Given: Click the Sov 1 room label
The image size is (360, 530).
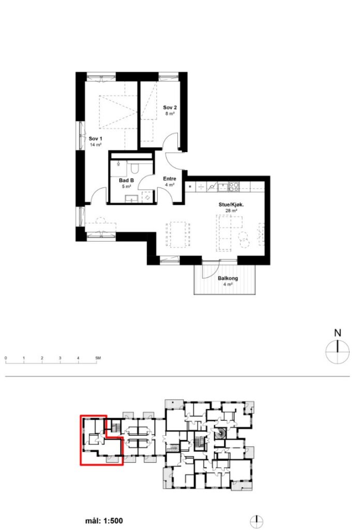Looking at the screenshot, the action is coord(95,139).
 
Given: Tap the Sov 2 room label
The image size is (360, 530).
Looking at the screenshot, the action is coord(170,108).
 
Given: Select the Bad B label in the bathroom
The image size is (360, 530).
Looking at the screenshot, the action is coord(126,181).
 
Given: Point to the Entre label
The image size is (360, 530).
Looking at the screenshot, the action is coord(170,179).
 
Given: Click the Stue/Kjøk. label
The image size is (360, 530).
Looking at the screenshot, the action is coord(231,204).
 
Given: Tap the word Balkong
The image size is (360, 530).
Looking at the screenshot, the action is coord(228,278).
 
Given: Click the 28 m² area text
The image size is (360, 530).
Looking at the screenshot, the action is coord(231,211).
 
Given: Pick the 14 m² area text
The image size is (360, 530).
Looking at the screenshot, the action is coord(96,145).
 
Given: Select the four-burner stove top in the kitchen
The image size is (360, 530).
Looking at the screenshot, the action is coord(234,186).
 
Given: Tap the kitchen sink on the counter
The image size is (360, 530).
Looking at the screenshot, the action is coord(223,186).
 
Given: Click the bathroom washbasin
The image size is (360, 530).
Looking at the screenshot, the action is coord(130,199).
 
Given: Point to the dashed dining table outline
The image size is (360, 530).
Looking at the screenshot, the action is coord(177,234).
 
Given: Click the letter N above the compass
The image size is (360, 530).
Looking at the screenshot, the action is coord(337,333).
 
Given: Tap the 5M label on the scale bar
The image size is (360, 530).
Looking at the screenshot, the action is coord(98,358).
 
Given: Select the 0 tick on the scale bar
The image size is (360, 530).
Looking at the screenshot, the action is coord(6,358).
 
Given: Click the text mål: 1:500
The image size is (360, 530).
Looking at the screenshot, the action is coord(104,521).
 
